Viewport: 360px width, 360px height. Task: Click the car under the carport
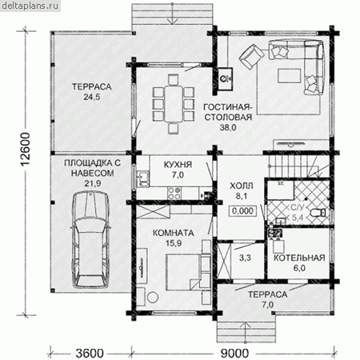[90, 240]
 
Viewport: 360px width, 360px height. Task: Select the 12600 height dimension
[26, 150]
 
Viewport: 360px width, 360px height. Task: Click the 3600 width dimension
[90, 354]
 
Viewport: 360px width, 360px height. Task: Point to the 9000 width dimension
[234, 354]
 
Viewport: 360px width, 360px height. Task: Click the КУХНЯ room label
[178, 165]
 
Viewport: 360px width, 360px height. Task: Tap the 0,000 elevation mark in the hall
[242, 211]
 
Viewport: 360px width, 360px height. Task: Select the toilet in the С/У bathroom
[318, 213]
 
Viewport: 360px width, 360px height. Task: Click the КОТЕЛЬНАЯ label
[299, 258]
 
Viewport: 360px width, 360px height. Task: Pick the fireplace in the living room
[226, 78]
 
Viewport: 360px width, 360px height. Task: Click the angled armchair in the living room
[251, 57]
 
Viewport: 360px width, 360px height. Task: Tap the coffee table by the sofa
[290, 76]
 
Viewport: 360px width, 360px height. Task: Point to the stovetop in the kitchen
[174, 193]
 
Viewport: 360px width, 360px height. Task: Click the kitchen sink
[143, 178]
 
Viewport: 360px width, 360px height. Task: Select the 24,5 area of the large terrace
[92, 97]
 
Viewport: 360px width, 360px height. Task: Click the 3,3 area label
[245, 258]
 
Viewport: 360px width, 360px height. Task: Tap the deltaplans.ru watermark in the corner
[30, 6]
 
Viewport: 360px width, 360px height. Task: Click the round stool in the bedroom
[153, 297]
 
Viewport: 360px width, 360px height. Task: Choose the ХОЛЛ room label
[242, 186]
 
